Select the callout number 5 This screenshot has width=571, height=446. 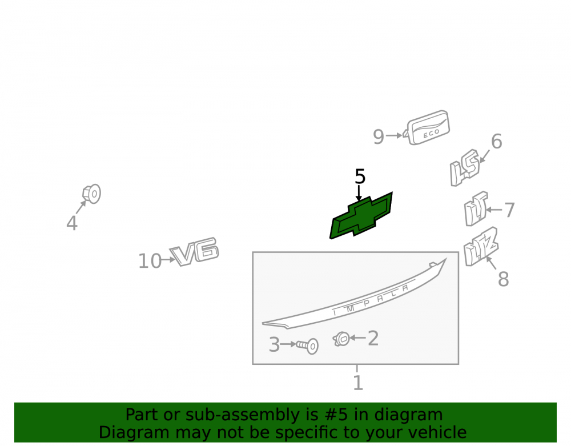360,176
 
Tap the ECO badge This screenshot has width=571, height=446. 428,127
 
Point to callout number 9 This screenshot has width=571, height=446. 379,137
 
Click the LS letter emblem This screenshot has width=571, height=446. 465,168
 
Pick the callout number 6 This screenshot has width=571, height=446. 497,141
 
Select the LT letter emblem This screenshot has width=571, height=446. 476,208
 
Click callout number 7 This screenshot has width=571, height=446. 509,210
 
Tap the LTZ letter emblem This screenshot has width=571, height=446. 481,247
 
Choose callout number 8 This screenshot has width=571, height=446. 503,279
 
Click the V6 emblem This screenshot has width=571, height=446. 194,251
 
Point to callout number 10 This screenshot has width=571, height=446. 150,261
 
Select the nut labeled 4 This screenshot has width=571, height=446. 92,194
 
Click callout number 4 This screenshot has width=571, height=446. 72,223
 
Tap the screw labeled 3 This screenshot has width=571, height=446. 307,345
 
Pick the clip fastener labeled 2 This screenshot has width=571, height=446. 341,339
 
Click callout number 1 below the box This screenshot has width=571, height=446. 358,383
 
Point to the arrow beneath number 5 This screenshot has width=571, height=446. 359,193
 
